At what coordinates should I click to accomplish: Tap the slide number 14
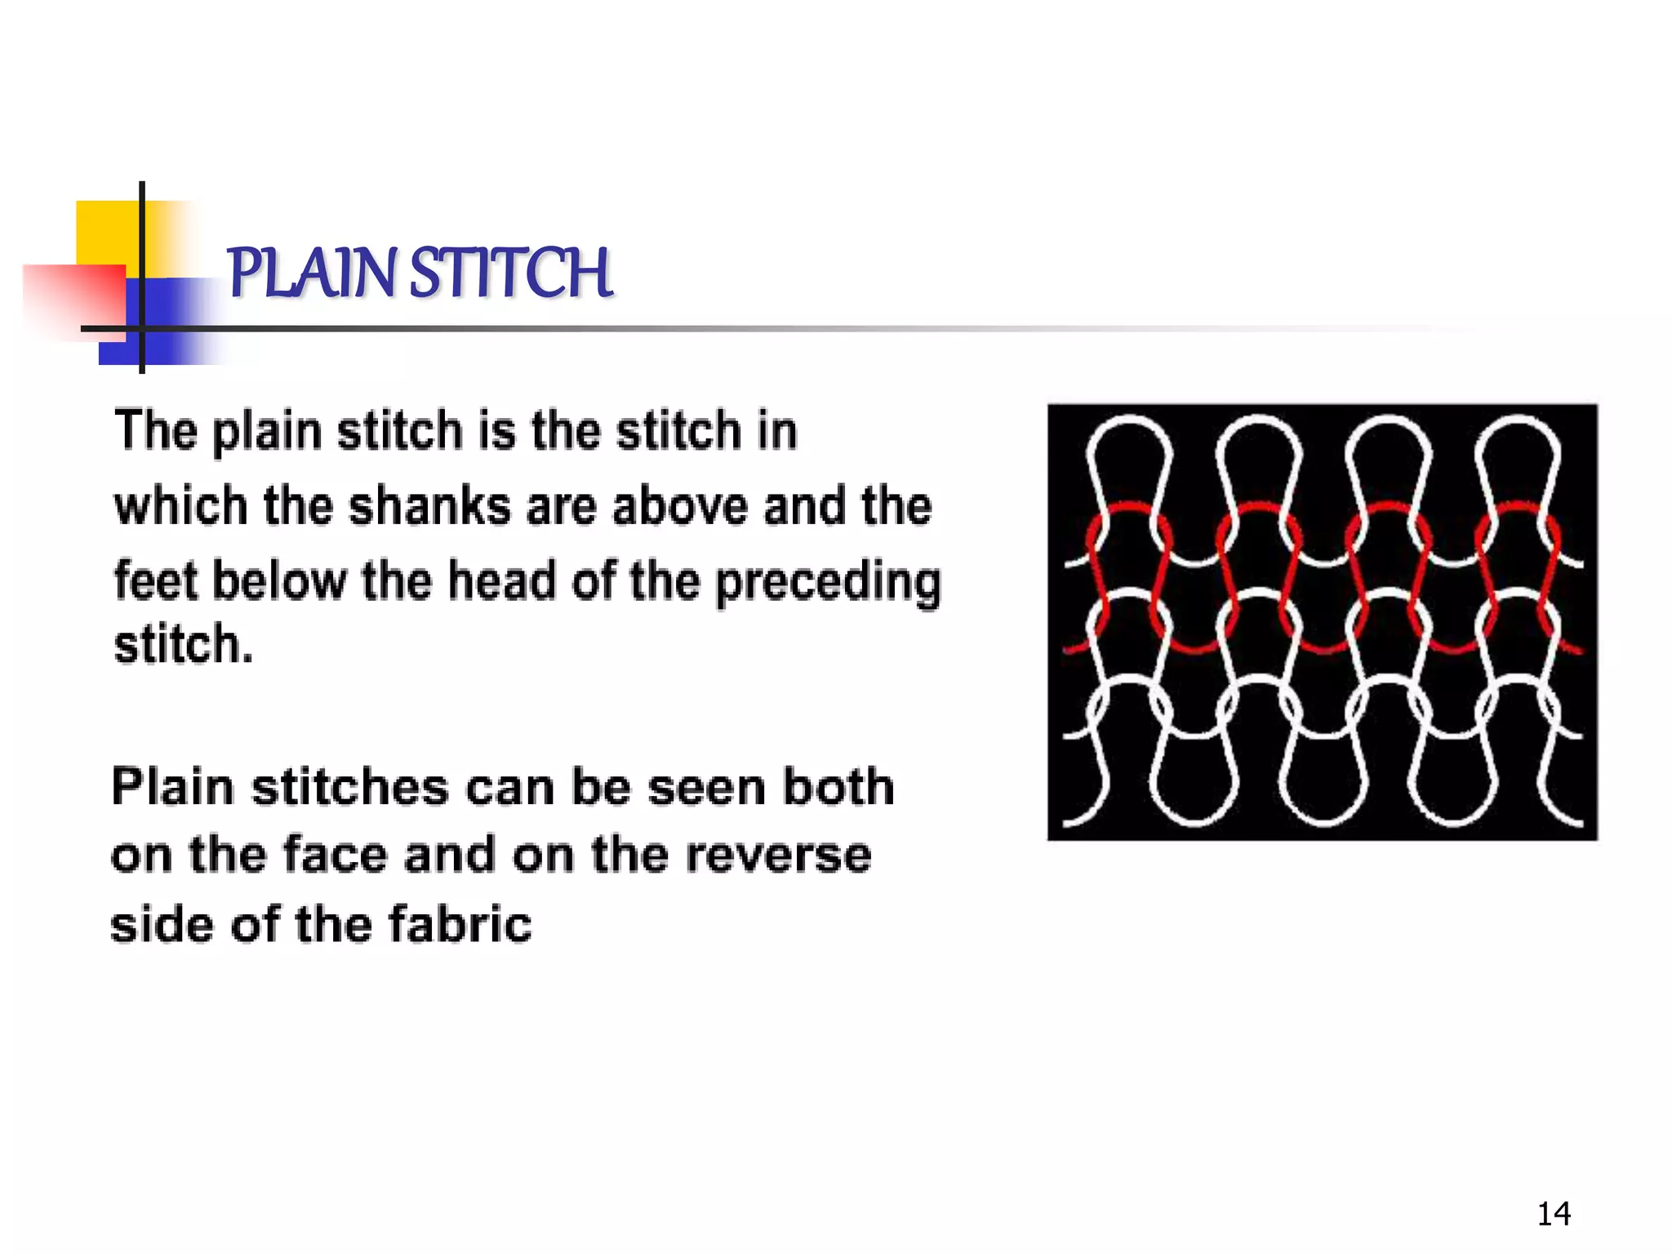point(1553,1214)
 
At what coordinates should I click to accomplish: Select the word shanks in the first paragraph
point(429,506)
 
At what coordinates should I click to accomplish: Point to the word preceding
point(828,583)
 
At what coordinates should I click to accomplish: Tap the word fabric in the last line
point(460,925)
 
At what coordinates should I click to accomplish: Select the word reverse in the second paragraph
point(778,856)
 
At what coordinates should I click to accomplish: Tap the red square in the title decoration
point(73,298)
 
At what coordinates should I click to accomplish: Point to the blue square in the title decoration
point(163,322)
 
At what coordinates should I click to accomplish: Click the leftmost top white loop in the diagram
point(1129,457)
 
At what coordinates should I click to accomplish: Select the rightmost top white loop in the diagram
point(1519,457)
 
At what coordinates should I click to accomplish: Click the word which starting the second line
point(180,506)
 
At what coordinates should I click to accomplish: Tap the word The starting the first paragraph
point(155,430)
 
